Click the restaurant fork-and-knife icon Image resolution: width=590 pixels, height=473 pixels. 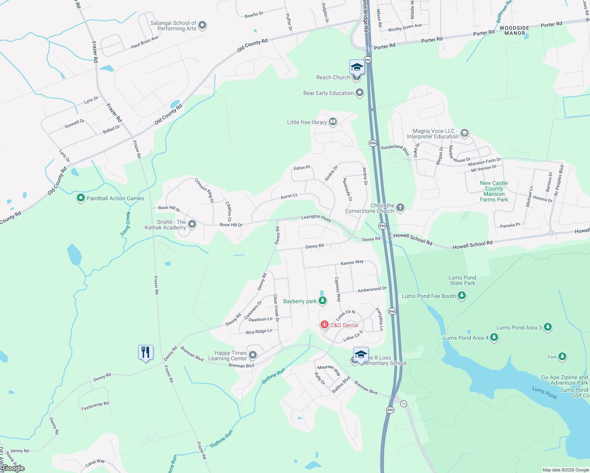pos(146,352)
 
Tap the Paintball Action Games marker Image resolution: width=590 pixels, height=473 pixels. pos(81,198)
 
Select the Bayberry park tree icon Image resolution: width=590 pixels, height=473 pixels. pos(323,301)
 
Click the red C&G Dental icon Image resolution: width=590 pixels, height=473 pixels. pos(325,325)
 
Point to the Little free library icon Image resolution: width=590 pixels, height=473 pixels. pos(333,122)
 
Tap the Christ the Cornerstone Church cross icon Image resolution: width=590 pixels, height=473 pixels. pos(400,208)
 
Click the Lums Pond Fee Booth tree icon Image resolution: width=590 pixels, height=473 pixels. pos(462,296)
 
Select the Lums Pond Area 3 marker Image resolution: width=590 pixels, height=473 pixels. pos(547,327)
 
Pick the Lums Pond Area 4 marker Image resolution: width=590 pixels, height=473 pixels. pos(494,337)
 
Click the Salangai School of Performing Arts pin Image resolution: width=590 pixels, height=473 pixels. pos(202,26)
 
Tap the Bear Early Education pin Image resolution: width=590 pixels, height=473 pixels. pos(360,93)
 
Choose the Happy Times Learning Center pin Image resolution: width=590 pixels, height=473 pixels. pos(253,356)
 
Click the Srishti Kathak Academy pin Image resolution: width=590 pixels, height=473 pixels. pos(192,224)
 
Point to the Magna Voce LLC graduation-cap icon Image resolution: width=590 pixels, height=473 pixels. pos(465,133)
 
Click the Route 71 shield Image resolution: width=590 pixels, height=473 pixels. pos(403,404)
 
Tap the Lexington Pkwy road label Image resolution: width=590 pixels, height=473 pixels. pos(316,218)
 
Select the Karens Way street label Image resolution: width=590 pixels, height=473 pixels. pos(352,262)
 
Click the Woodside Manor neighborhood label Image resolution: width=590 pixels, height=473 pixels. pos(514,30)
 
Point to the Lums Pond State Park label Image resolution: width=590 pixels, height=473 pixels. pos(462,280)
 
